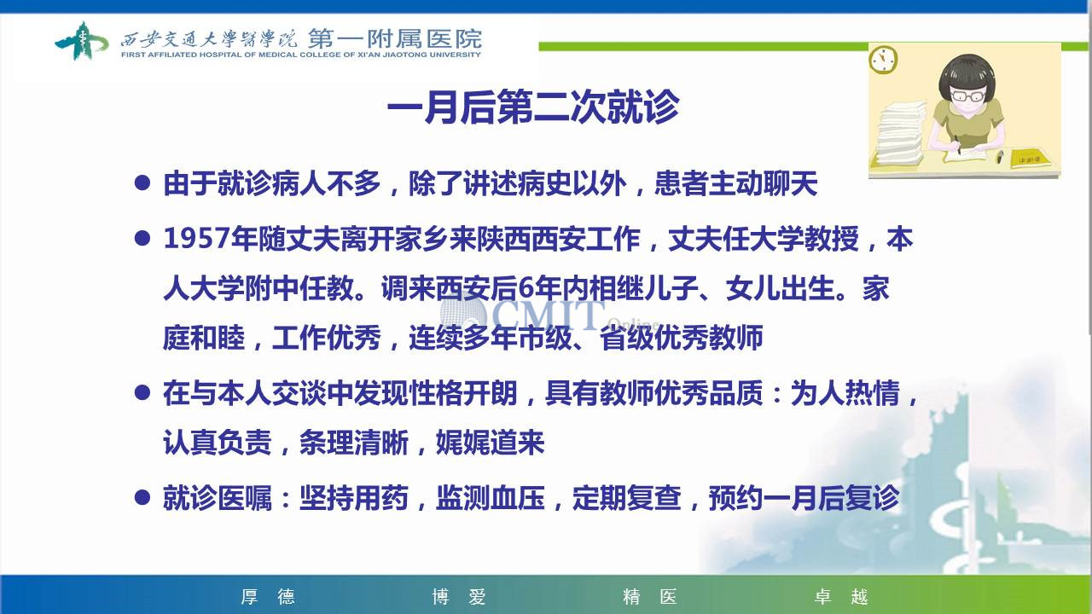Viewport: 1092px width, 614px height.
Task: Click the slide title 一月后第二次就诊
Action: pos(533,107)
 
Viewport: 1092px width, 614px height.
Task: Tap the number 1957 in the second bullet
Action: pos(196,239)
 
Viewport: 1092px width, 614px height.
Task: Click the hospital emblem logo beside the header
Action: pos(81,41)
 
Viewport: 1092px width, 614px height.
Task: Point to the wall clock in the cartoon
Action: pos(883,60)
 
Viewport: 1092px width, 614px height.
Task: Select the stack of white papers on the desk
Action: pos(900,133)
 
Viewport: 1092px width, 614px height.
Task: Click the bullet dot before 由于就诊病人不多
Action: pos(142,183)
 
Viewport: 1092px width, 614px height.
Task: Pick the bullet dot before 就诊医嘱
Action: pos(142,497)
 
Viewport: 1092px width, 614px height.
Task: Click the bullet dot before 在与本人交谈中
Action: pos(142,392)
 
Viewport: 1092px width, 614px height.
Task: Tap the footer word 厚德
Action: pos(268,596)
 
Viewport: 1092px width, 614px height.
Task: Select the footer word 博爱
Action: pos(459,596)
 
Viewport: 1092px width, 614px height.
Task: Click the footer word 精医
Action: pos(649,596)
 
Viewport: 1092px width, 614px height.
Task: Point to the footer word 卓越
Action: pos(841,596)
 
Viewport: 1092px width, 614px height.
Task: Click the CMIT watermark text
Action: pos(549,313)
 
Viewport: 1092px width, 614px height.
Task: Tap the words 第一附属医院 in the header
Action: pos(395,38)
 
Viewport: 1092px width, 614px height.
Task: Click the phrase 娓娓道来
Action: pos(490,443)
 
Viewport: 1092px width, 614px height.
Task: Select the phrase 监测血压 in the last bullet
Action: pos(490,498)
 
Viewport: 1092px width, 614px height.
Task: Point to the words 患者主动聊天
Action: pos(735,183)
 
